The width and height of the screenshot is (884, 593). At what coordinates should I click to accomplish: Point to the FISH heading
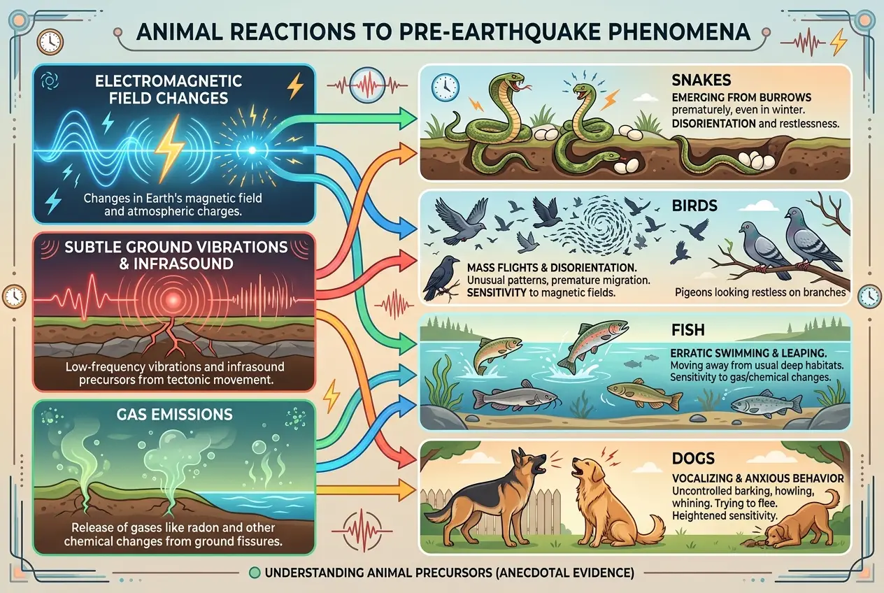(x=695, y=328)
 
